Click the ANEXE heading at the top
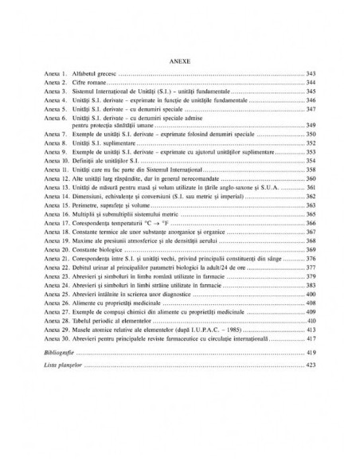[180, 59]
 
